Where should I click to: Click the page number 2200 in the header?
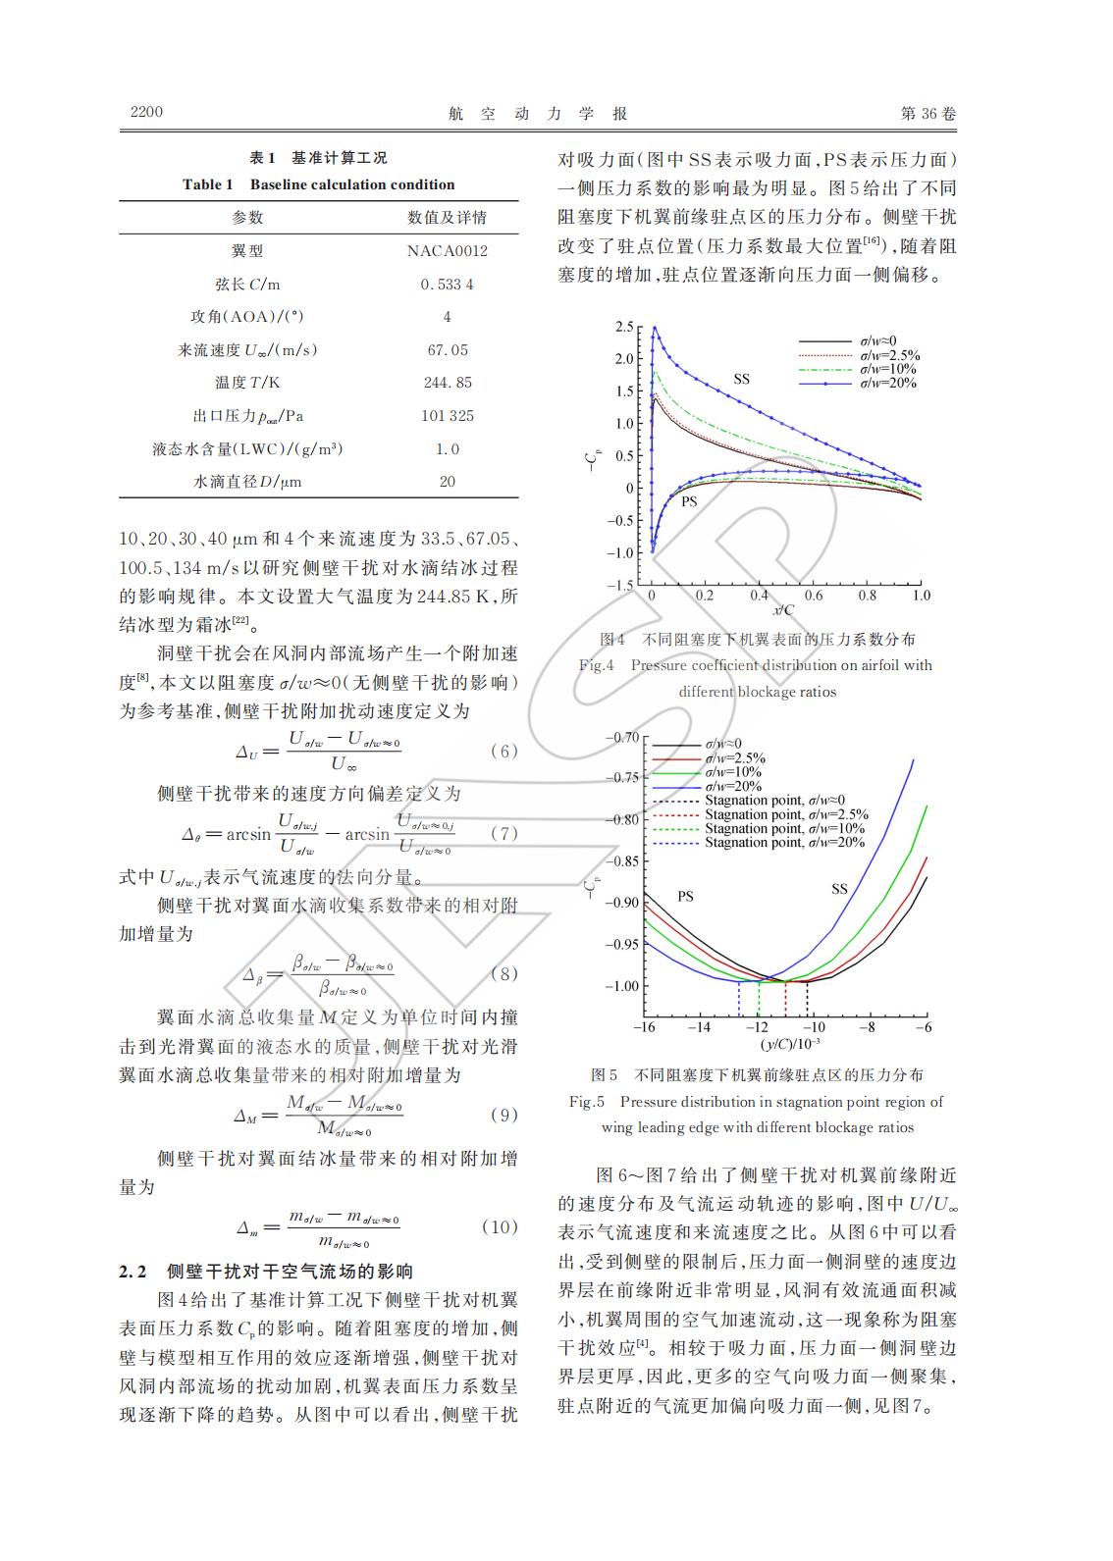coord(146,112)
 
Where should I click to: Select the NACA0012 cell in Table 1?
coord(447,251)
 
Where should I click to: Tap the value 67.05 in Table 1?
coord(447,350)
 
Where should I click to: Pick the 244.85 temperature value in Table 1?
coord(447,383)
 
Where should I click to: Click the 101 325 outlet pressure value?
coord(447,416)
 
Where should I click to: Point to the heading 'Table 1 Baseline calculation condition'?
coord(318,184)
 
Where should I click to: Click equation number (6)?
coord(503,752)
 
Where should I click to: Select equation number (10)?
coord(500,1227)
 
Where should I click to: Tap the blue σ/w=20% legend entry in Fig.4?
coord(887,384)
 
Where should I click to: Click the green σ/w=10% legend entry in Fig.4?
coord(887,369)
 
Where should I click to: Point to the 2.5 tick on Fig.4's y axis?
coord(623,327)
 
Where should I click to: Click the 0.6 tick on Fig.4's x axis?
coord(813,596)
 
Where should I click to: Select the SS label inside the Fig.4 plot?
coord(741,379)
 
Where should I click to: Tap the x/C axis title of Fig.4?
coord(783,610)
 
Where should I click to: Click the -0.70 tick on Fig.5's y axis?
coord(619,737)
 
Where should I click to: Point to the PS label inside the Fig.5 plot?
coord(685,896)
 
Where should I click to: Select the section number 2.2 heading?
coord(132,1273)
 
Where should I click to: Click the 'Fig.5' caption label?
coord(587,1102)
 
